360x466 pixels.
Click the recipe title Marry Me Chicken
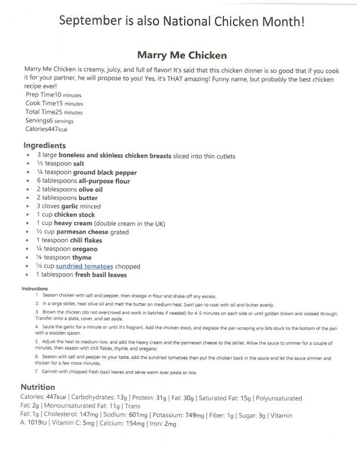click(181, 55)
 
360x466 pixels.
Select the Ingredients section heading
click(45, 145)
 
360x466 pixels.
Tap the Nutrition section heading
click(38, 387)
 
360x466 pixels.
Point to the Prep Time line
click(54, 95)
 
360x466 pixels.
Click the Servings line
click(49, 121)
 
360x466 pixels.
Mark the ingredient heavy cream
click(73, 224)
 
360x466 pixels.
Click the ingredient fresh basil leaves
click(101, 274)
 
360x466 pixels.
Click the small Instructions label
click(35, 288)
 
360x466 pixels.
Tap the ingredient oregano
click(83, 249)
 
